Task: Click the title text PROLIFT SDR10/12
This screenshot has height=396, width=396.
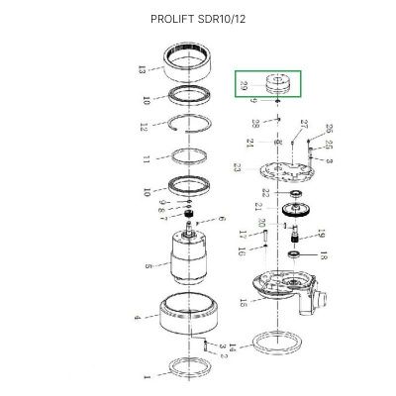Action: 197,19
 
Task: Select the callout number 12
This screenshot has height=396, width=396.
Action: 144,127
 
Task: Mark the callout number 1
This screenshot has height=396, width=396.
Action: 147,377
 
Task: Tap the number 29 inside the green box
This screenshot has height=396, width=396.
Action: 243,86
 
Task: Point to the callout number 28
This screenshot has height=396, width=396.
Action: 255,124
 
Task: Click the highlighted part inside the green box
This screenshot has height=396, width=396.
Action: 277,83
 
